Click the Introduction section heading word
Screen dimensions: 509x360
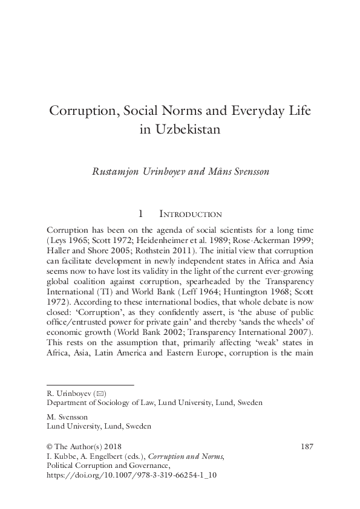[x=190, y=213]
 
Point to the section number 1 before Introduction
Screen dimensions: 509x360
[x=140, y=213]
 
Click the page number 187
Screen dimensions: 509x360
[x=306, y=446]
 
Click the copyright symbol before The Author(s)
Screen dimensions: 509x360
[x=50, y=446]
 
